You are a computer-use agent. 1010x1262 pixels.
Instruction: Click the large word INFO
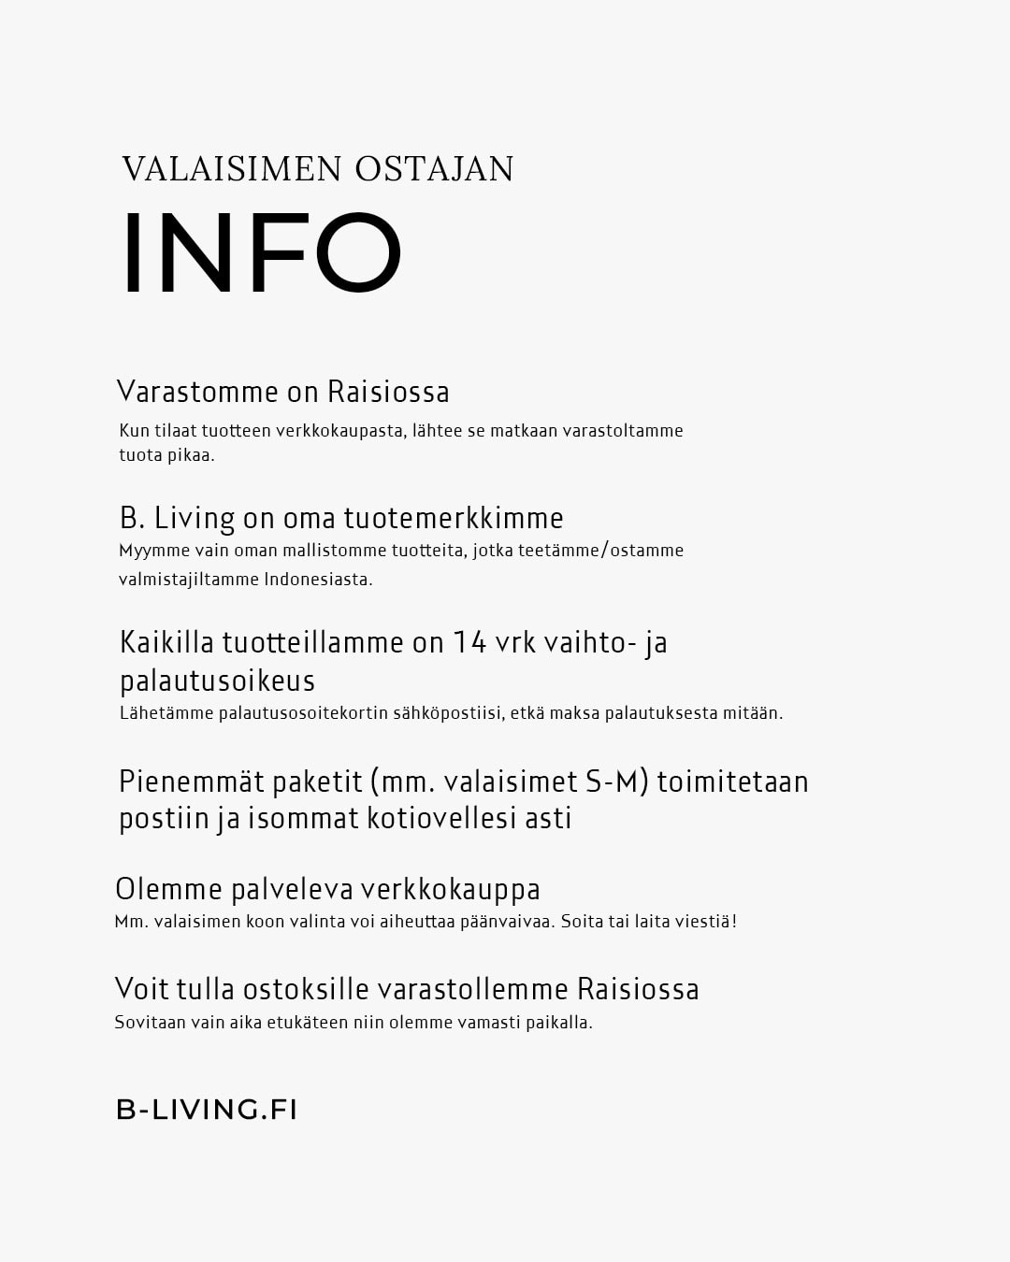(262, 253)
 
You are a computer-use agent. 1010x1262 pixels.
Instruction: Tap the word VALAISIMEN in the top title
(232, 169)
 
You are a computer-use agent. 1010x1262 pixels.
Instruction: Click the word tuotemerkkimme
(454, 518)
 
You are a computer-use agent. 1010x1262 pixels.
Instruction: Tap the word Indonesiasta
(318, 580)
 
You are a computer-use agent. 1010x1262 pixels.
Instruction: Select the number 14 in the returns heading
(470, 643)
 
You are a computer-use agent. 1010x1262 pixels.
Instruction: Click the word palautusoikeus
(217, 681)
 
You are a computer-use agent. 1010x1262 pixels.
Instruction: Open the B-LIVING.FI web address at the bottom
(207, 1110)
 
